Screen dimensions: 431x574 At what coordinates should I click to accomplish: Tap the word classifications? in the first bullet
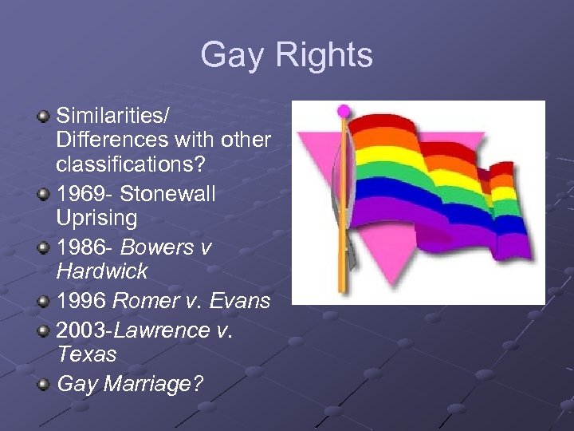pyautogui.click(x=130, y=168)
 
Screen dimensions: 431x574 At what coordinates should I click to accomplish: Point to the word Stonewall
pyautogui.click(x=170, y=194)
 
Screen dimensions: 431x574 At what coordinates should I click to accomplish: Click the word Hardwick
pyautogui.click(x=102, y=271)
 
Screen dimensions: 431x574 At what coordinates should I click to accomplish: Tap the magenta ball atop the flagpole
pyautogui.click(x=344, y=109)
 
